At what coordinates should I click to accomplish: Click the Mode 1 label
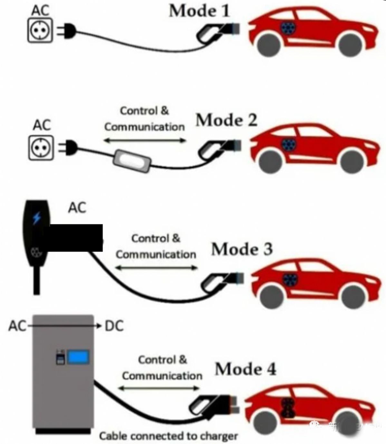point(199,11)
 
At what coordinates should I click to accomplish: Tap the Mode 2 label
point(226,121)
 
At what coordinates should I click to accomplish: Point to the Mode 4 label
point(246,369)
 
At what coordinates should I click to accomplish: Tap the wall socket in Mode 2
point(41,148)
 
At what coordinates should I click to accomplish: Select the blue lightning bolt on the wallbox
point(37,218)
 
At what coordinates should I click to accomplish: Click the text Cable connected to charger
point(169,436)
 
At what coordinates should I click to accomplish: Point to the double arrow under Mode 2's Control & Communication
point(145,140)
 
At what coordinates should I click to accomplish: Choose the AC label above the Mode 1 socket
point(40,10)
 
